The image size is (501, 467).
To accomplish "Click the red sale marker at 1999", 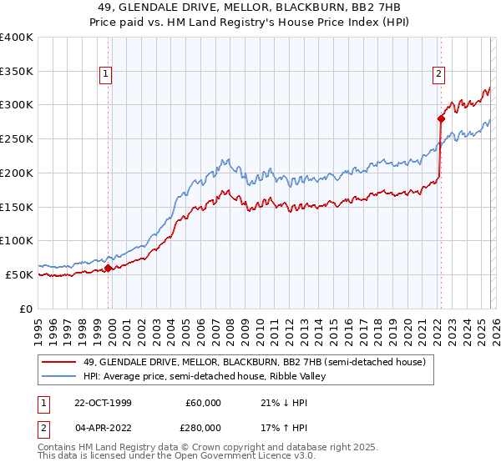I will (x=109, y=268).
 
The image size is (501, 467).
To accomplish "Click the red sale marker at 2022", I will (x=440, y=118).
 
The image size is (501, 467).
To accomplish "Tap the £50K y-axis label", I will (x=19, y=274).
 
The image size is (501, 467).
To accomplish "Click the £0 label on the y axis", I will (x=25, y=309).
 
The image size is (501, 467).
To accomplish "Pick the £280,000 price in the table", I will (x=203, y=427).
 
